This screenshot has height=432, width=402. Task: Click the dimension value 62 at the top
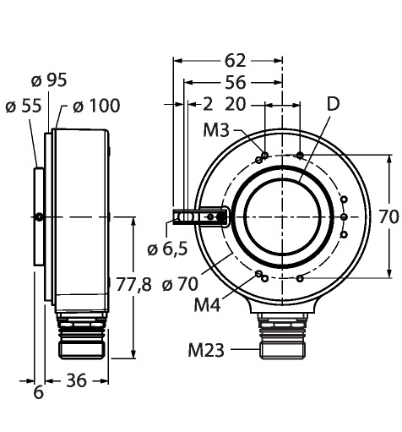(235, 61)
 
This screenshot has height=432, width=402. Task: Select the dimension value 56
(236, 83)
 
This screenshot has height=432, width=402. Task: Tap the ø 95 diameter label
(49, 80)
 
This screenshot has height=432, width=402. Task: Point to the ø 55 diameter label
(24, 107)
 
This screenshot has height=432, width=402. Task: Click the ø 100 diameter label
(96, 107)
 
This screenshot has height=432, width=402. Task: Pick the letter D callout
(334, 104)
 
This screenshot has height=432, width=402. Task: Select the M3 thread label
(216, 130)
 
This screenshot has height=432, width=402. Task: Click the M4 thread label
(207, 304)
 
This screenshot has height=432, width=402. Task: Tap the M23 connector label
(206, 350)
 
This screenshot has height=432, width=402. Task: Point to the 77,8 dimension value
(134, 284)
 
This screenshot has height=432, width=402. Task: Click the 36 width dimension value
(76, 380)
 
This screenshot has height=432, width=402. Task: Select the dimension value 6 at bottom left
(39, 392)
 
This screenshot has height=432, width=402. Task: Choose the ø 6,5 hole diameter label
(167, 249)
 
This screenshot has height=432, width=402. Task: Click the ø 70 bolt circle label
(180, 285)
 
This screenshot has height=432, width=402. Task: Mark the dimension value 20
(236, 105)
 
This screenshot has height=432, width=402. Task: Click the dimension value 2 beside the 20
(208, 105)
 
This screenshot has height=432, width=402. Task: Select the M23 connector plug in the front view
(282, 336)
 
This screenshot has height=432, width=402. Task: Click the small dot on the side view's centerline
(40, 217)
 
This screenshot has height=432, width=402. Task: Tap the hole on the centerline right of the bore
(344, 217)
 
